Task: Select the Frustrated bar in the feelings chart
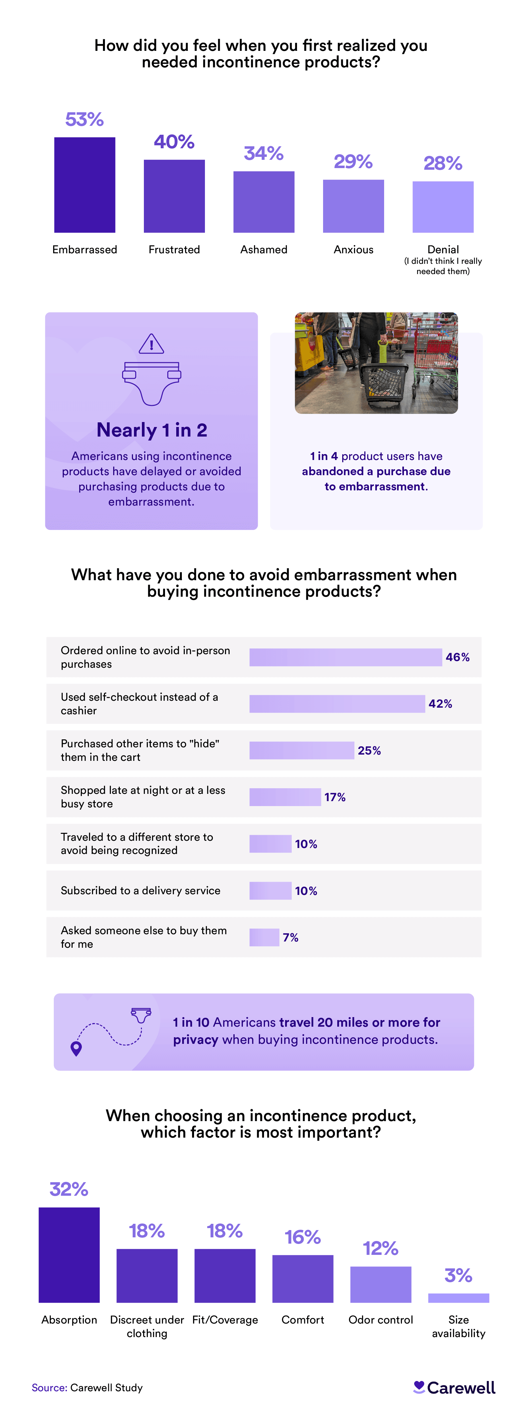point(174,196)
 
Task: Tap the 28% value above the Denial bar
point(443,163)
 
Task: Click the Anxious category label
point(353,250)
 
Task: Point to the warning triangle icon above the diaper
point(151,344)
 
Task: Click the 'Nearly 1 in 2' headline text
point(152,430)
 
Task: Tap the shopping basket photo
point(376,363)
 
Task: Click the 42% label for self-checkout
point(440,704)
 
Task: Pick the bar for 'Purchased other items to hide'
point(302,750)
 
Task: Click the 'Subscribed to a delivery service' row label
point(141,891)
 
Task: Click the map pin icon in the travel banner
point(76,1048)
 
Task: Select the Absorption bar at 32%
point(69,1255)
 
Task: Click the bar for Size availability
point(458,1298)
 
